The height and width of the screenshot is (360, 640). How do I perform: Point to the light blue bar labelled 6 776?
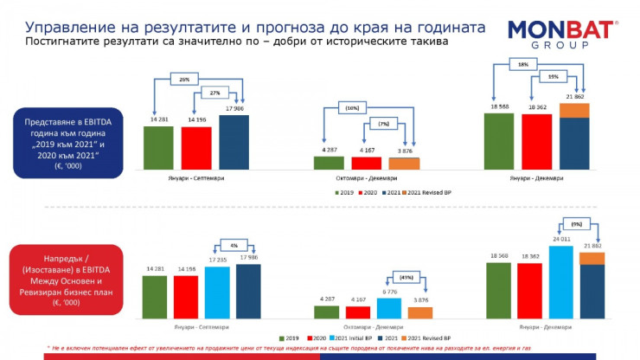pyautogui.click(x=388, y=308)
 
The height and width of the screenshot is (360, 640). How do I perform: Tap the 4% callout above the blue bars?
pyautogui.click(x=234, y=243)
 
